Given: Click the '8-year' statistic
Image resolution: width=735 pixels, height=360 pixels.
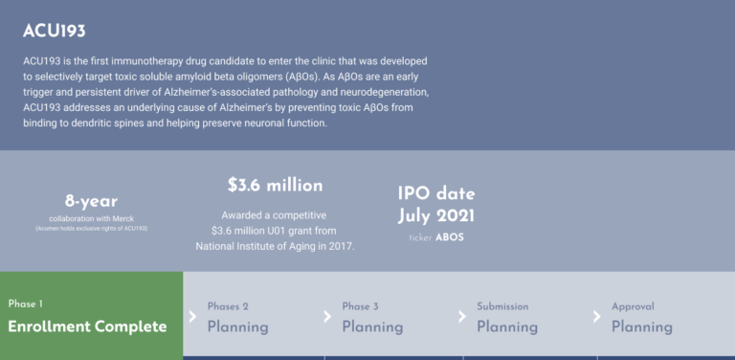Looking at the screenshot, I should (91, 202).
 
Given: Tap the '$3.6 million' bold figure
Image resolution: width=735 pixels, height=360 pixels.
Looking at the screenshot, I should (275, 185).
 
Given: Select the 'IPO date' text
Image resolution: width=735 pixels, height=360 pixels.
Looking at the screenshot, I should (435, 192).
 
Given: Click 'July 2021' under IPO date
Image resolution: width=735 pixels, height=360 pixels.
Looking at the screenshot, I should (435, 215).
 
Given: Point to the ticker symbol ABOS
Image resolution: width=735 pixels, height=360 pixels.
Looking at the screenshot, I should (449, 236).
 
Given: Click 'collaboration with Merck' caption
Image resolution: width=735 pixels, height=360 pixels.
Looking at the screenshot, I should (91, 219).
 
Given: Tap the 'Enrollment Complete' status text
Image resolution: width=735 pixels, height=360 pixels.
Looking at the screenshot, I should (87, 326).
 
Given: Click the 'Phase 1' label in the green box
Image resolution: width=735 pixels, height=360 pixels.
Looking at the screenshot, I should (26, 304).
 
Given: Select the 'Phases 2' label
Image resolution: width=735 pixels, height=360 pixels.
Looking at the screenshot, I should (228, 306).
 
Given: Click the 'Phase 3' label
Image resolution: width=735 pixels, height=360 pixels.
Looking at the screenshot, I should (361, 306).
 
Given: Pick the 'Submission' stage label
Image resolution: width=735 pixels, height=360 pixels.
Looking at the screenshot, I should (502, 306).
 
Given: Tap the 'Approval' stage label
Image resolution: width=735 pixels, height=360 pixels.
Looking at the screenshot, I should (633, 306).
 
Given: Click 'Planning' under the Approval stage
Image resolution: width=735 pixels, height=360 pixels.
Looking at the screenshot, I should (641, 326).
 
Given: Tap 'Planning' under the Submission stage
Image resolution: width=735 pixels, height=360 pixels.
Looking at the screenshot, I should (507, 326).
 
